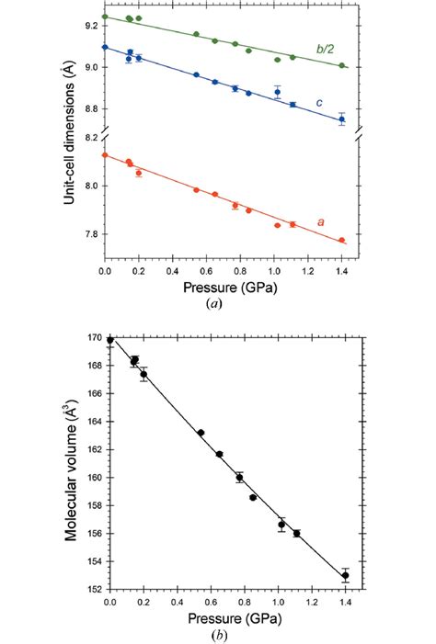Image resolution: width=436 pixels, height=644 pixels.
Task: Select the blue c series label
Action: [319, 102]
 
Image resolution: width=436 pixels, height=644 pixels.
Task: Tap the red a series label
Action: [321, 221]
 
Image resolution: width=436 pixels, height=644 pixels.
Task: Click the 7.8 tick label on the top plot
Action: [89, 234]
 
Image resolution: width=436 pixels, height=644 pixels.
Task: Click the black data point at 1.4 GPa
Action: [345, 575]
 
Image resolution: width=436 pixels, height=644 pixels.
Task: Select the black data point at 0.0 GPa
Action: [110, 340]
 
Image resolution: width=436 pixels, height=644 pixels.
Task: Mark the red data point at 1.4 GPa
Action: [341, 241]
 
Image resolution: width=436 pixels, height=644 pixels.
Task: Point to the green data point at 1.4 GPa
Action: [341, 65]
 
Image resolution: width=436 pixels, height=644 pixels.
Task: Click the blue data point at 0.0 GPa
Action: [105, 47]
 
